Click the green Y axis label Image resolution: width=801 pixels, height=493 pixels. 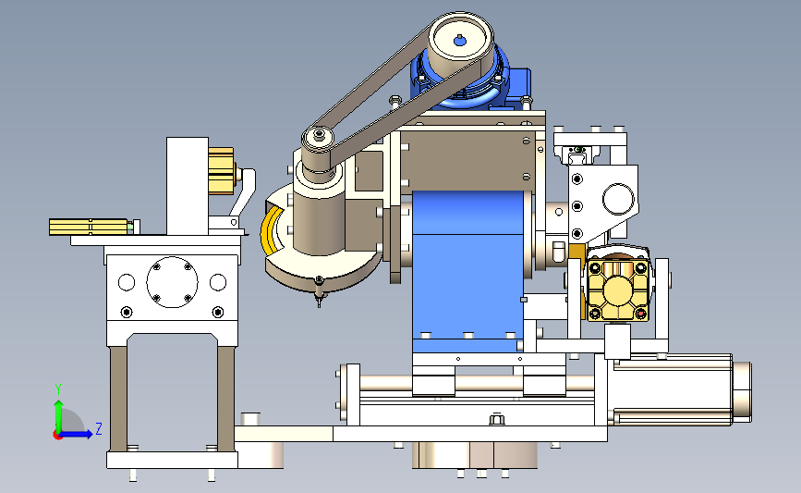coord(58,389)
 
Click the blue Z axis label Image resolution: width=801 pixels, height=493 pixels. coord(99,428)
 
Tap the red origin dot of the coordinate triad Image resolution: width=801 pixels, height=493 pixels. coord(57,435)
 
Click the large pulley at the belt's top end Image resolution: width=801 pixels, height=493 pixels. coord(460,41)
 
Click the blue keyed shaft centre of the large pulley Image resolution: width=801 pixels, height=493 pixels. coord(460,41)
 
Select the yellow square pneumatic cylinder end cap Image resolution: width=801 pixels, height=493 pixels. coord(617,290)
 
